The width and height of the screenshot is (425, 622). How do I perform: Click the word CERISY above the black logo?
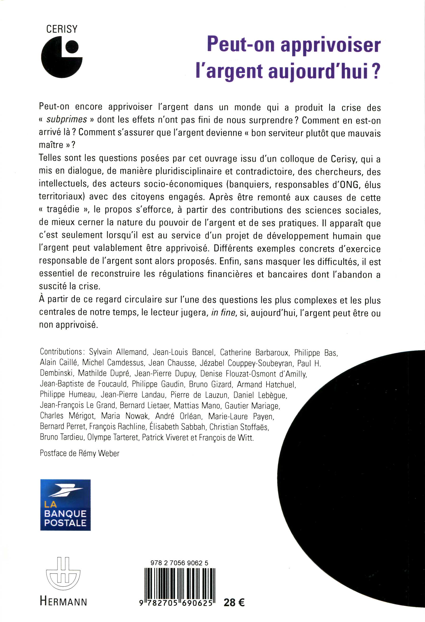(x=62, y=29)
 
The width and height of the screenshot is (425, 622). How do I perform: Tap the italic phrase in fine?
(x=223, y=313)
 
